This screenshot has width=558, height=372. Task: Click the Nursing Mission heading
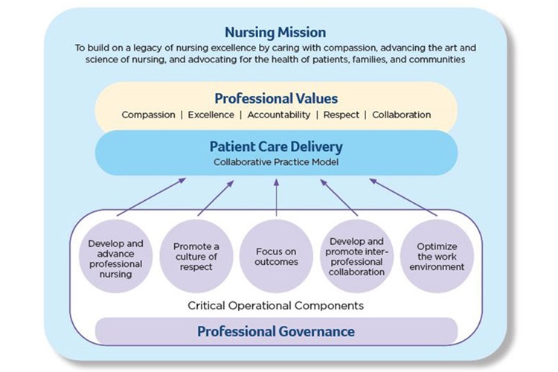point(275,32)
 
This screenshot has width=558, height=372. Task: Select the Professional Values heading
point(276,98)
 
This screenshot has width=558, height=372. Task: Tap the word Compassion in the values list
point(147,115)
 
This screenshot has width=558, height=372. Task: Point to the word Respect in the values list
point(341,115)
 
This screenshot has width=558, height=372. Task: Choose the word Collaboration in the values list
point(401,115)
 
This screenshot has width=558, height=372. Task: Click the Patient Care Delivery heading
point(276,147)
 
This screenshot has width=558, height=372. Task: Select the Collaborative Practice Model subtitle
point(276,161)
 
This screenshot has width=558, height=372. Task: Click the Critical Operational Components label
point(276,307)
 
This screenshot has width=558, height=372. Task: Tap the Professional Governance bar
point(276,331)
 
